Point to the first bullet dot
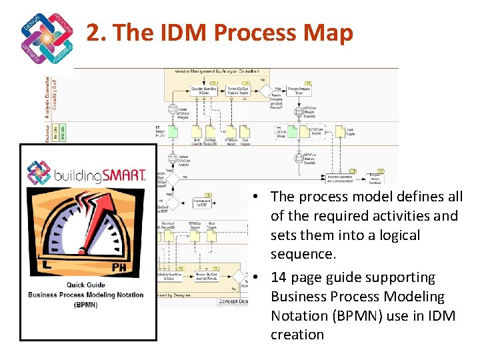coord(257,197)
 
